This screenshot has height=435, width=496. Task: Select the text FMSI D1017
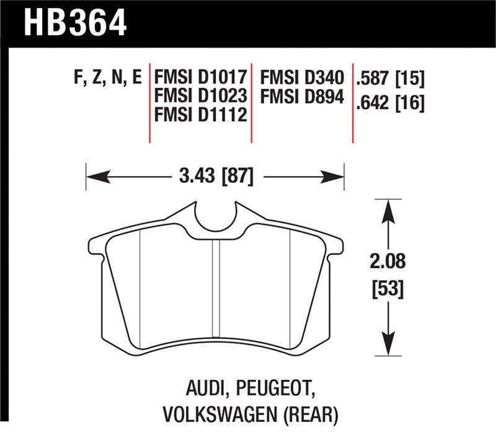coord(201,78)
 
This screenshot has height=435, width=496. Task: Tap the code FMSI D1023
coord(201,96)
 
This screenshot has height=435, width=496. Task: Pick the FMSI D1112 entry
coord(201,115)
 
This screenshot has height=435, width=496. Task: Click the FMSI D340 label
coord(301,78)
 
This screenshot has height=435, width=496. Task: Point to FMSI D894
coord(301,96)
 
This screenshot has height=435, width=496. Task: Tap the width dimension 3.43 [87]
coord(215,177)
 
